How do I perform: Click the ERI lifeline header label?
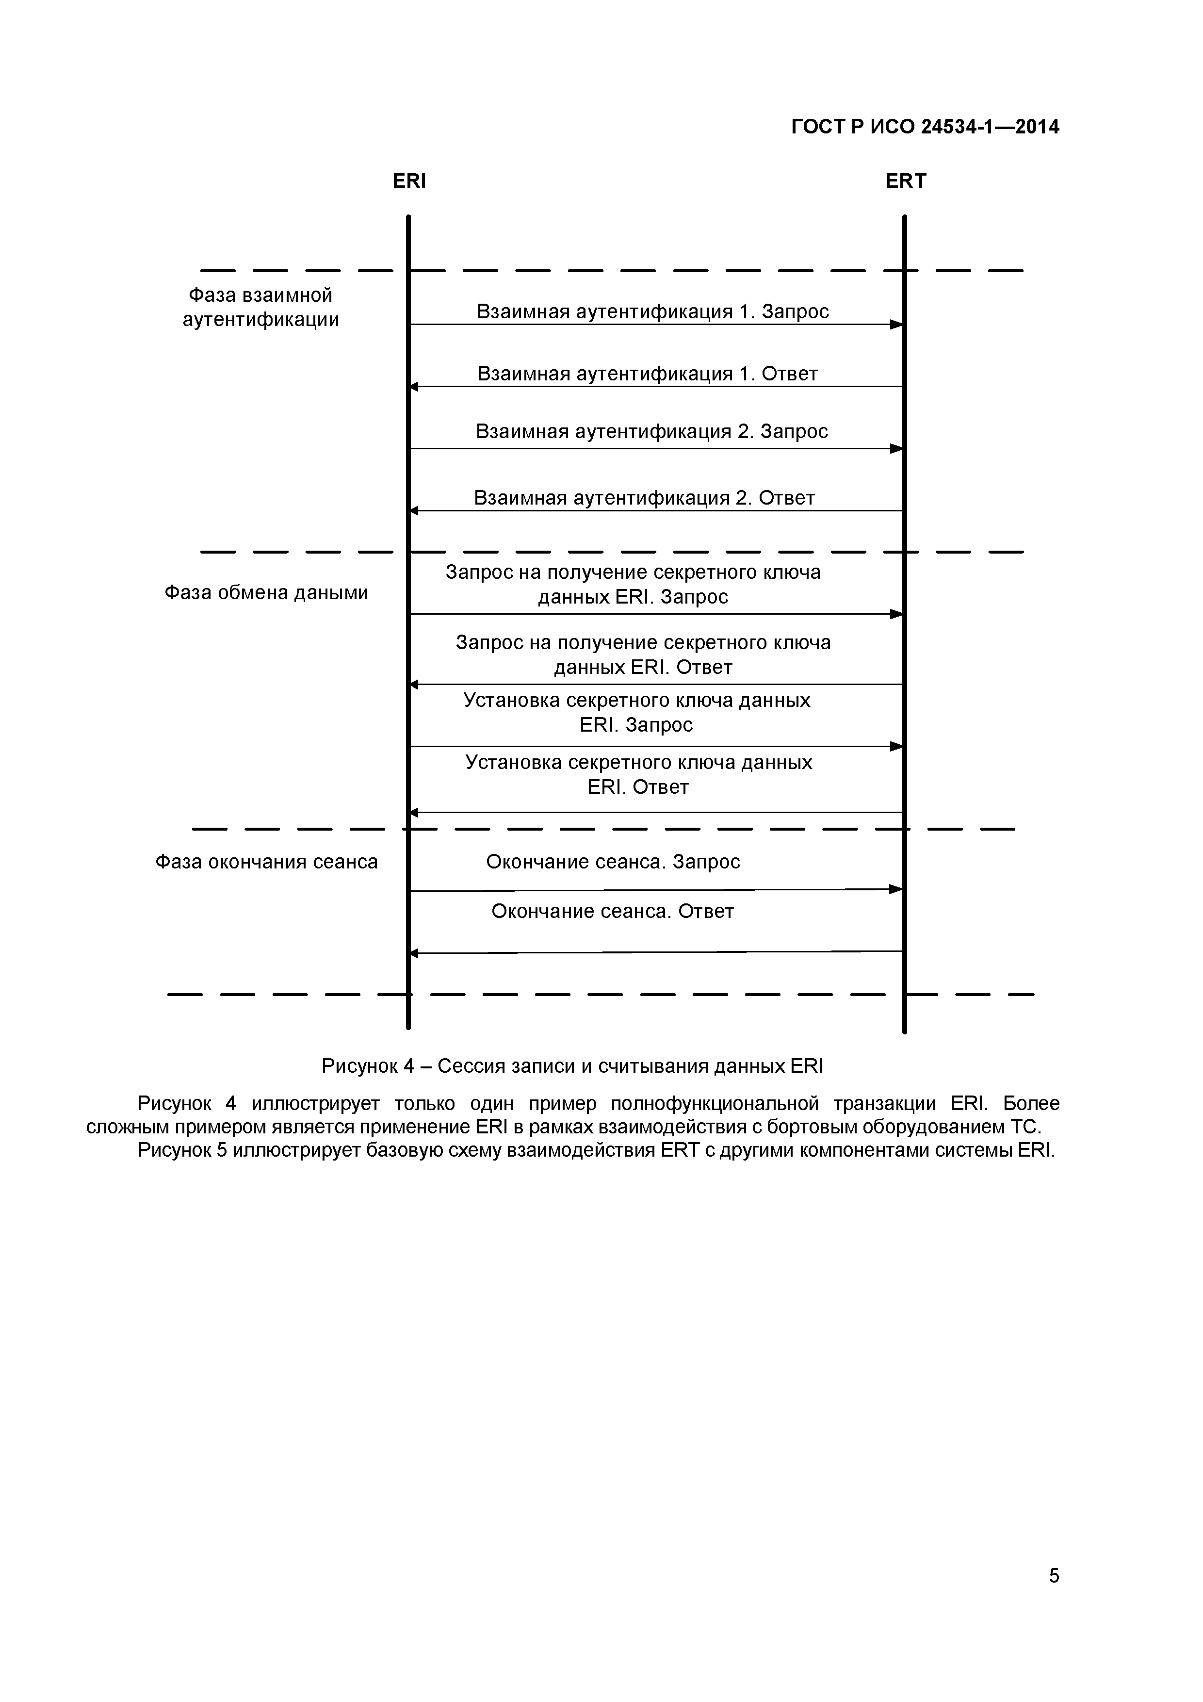409,181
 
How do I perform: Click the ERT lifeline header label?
905,181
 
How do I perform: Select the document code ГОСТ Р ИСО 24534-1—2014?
925,127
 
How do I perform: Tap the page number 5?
1053,1596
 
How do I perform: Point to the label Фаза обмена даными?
266,593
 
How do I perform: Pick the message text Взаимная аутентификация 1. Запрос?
652,311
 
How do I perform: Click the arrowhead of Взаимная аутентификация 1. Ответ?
414,386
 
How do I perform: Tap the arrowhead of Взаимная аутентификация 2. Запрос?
897,448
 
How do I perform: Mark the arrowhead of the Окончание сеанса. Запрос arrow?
897,889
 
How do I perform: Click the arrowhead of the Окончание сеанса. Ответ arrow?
414,953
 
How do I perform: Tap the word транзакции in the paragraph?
884,1104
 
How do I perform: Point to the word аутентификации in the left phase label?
261,320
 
